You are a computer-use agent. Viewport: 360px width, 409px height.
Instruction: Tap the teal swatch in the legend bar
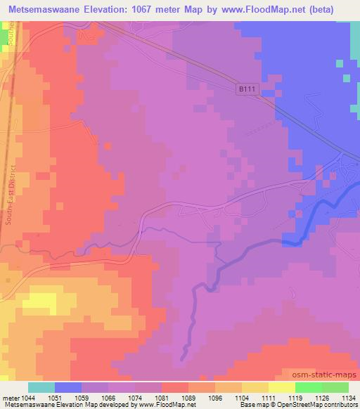tap(41, 387)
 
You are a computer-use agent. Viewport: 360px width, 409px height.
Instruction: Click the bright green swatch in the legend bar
tap(308, 387)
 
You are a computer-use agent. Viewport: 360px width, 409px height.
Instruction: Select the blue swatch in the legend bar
tap(68, 387)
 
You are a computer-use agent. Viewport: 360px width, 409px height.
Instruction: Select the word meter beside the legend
tap(9, 397)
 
